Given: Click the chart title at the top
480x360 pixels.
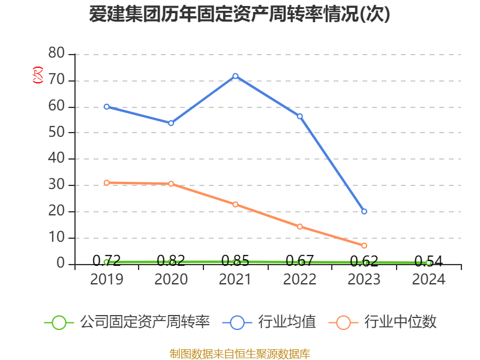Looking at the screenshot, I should click(x=240, y=14).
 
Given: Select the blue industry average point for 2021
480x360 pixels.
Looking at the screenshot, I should click(x=235, y=76).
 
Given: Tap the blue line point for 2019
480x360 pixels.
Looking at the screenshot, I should click(x=107, y=107).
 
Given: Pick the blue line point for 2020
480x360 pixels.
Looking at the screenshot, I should click(x=171, y=123).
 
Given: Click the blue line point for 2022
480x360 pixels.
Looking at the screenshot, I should click(x=300, y=116).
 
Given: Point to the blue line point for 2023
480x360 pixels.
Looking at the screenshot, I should click(x=364, y=212).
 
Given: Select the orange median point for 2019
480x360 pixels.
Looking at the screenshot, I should click(x=107, y=182).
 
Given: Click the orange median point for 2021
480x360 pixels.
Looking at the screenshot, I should click(x=235, y=205).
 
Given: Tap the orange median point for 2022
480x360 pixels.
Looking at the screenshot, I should click(x=300, y=226).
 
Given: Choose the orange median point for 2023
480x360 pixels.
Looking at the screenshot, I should click(x=364, y=245).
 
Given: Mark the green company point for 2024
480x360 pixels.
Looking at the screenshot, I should click(x=428, y=263).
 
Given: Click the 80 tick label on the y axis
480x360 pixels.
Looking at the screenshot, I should click(x=56, y=53).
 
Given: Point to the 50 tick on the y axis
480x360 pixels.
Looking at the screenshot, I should click(x=56, y=133).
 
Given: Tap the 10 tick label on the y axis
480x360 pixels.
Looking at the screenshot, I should click(x=56, y=238).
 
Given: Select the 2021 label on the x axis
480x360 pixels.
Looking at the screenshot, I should click(x=235, y=279).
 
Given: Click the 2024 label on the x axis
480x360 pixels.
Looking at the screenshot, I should click(x=428, y=279).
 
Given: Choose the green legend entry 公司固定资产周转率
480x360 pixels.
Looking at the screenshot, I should click(x=127, y=322).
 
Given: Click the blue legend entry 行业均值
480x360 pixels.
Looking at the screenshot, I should click(x=270, y=322).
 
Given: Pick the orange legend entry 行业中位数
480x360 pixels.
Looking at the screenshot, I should click(x=384, y=322).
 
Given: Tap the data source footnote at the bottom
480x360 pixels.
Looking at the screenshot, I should click(x=240, y=353).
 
